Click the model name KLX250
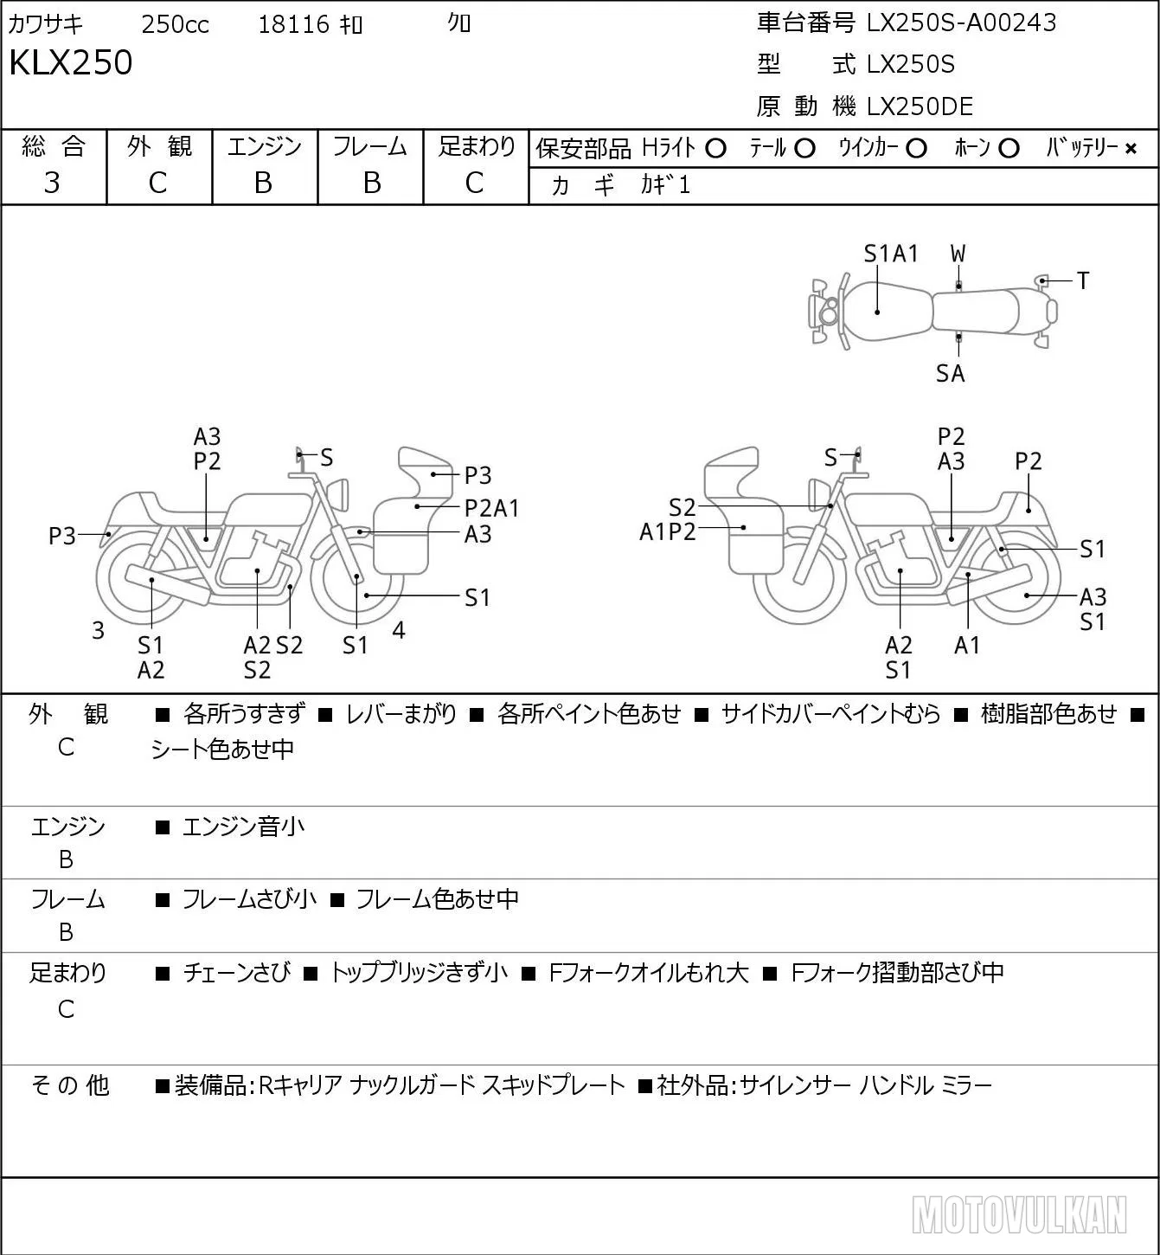[71, 62]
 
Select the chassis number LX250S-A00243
[961, 23]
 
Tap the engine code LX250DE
[920, 106]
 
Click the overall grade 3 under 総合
[52, 183]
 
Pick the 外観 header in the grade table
[159, 146]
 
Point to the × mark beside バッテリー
[1131, 149]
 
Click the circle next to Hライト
[715, 149]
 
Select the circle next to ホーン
[1009, 149]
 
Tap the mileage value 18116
[294, 24]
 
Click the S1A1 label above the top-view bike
[891, 254]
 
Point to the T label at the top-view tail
[1083, 280]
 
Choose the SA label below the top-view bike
[951, 373]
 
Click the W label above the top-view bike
[958, 254]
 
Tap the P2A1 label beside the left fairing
[491, 508]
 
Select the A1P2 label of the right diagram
[667, 532]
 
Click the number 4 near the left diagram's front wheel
[398, 629]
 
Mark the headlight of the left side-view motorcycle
[337, 493]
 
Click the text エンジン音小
[243, 827]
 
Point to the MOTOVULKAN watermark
[1019, 1215]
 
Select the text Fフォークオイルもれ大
[649, 973]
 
